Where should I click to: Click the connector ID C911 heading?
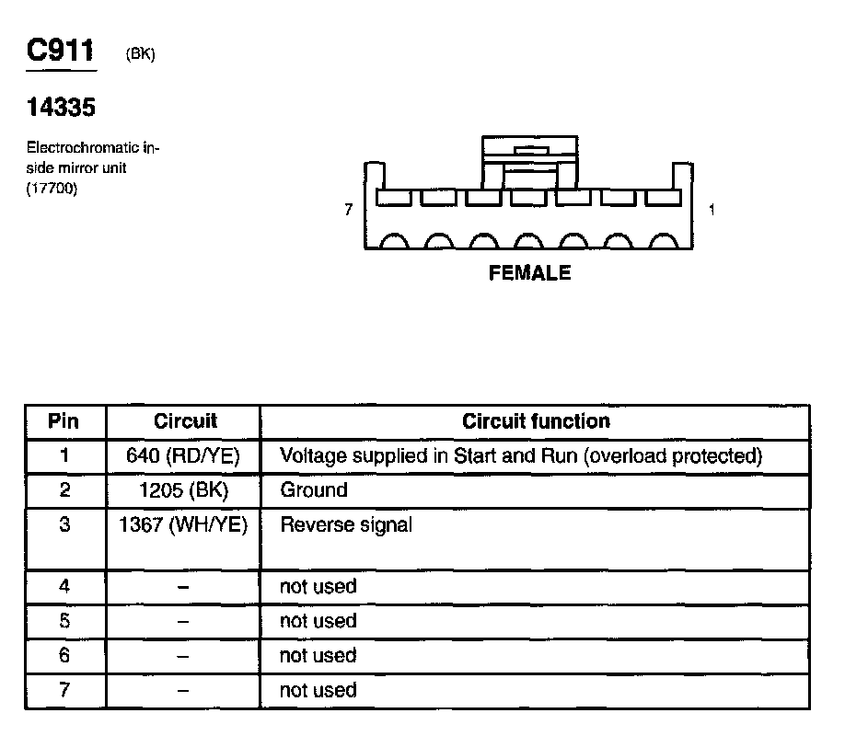point(61,51)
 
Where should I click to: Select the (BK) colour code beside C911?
point(140,55)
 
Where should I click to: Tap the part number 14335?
point(61,108)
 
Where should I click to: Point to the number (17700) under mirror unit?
point(53,189)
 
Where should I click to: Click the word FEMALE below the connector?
point(529,273)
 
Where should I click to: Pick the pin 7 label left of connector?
point(348,211)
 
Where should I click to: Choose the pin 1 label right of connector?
point(712,211)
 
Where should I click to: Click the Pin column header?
point(64,421)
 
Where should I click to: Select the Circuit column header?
point(185,421)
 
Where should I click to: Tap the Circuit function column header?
point(536,421)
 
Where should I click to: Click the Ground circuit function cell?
point(314,490)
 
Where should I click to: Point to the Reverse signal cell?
point(346,525)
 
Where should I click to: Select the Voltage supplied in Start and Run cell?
point(521,455)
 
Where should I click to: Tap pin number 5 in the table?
point(64,621)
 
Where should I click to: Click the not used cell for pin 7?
point(318,690)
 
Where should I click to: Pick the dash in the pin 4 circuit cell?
point(184,587)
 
